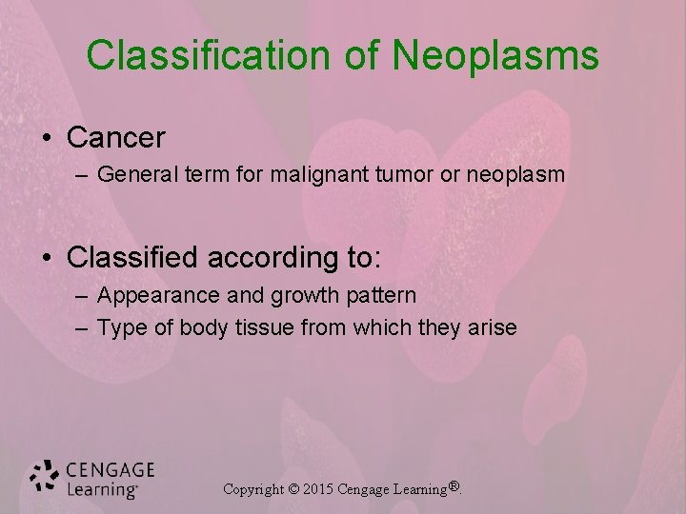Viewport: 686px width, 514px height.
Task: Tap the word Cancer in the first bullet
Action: pos(116,138)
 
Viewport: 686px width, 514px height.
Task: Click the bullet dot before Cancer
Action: pos(47,139)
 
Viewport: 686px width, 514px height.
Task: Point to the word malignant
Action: pos(310,176)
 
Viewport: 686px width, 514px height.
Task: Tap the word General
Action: pos(131,176)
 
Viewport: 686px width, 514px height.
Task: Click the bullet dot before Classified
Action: pos(47,257)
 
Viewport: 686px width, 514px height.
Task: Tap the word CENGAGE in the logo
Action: pos(110,470)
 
